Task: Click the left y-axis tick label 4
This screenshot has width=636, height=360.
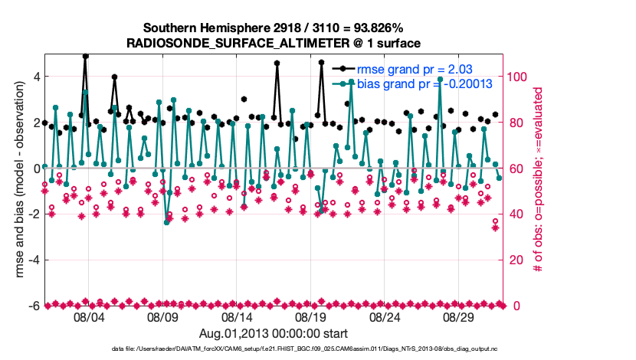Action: (35, 77)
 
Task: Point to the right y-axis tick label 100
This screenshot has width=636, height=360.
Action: (517, 77)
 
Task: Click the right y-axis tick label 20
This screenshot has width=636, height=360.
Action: (514, 260)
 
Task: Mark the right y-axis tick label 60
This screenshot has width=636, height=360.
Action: (514, 169)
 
